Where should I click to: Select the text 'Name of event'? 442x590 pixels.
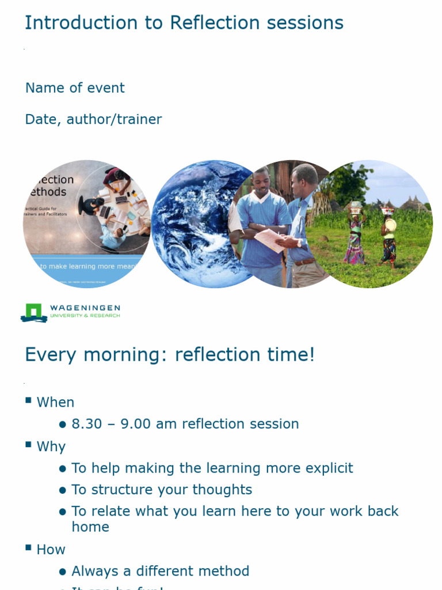(75, 88)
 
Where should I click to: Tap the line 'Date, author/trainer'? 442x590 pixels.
(93, 120)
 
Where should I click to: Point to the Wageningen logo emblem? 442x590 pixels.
(34, 313)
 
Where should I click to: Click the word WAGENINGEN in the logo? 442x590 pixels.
(85, 308)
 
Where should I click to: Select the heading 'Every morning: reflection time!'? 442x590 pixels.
(170, 355)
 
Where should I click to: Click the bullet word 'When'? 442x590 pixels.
(55, 403)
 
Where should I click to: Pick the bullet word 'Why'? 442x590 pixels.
(51, 447)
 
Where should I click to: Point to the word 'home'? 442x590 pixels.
(90, 527)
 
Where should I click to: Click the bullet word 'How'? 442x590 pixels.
(51, 550)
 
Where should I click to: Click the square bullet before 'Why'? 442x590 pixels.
(28, 444)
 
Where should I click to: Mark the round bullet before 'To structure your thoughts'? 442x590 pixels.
(63, 490)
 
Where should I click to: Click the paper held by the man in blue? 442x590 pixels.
(269, 239)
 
